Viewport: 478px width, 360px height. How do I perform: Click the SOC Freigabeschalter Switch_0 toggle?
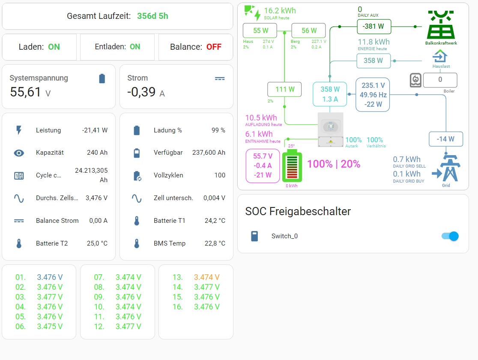pyautogui.click(x=450, y=236)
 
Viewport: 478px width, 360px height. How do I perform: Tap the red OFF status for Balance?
pyautogui.click(x=214, y=47)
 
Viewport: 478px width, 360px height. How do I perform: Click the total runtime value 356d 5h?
pyautogui.click(x=152, y=16)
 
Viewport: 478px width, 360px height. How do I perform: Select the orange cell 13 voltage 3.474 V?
pyautogui.click(x=206, y=277)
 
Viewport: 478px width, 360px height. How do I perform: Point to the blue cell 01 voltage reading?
pyautogui.click(x=50, y=277)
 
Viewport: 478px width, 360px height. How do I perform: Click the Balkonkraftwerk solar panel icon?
pyautogui.click(x=441, y=25)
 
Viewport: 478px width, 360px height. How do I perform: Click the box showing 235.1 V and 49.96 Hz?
pyautogui.click(x=373, y=95)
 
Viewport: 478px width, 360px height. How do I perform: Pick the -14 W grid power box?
pyautogui.click(x=446, y=139)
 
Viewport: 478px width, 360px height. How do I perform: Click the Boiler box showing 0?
pyautogui.click(x=440, y=80)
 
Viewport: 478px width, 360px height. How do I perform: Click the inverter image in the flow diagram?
pyautogui.click(x=330, y=129)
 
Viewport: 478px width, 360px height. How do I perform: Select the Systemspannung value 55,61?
pyautogui.click(x=26, y=92)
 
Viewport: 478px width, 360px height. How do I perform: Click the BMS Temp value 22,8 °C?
pyautogui.click(x=215, y=243)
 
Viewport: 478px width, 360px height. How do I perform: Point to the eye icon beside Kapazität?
pyautogui.click(x=19, y=153)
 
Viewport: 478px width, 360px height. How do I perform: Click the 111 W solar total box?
pyautogui.click(x=284, y=89)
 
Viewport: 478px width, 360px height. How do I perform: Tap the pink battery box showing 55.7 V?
pyautogui.click(x=262, y=165)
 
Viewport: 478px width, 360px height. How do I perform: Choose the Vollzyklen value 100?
pyautogui.click(x=220, y=175)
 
